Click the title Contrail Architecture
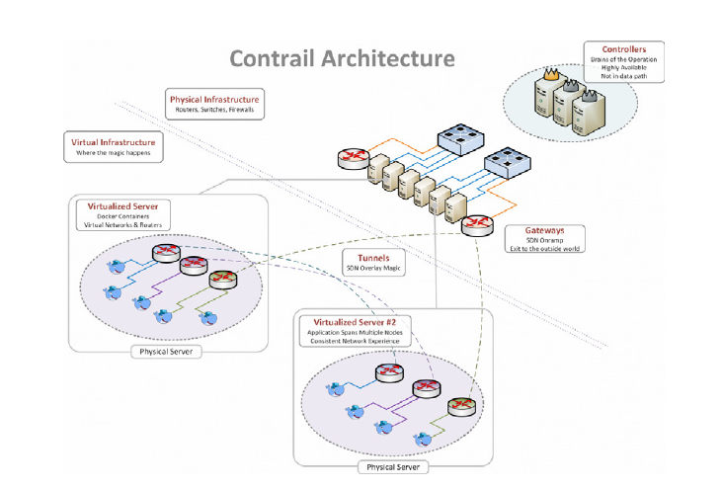pos(342,58)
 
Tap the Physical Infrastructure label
pos(214,100)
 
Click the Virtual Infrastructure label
pos(114,142)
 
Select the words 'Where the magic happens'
pos(114,153)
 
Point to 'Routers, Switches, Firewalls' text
pos(214,110)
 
